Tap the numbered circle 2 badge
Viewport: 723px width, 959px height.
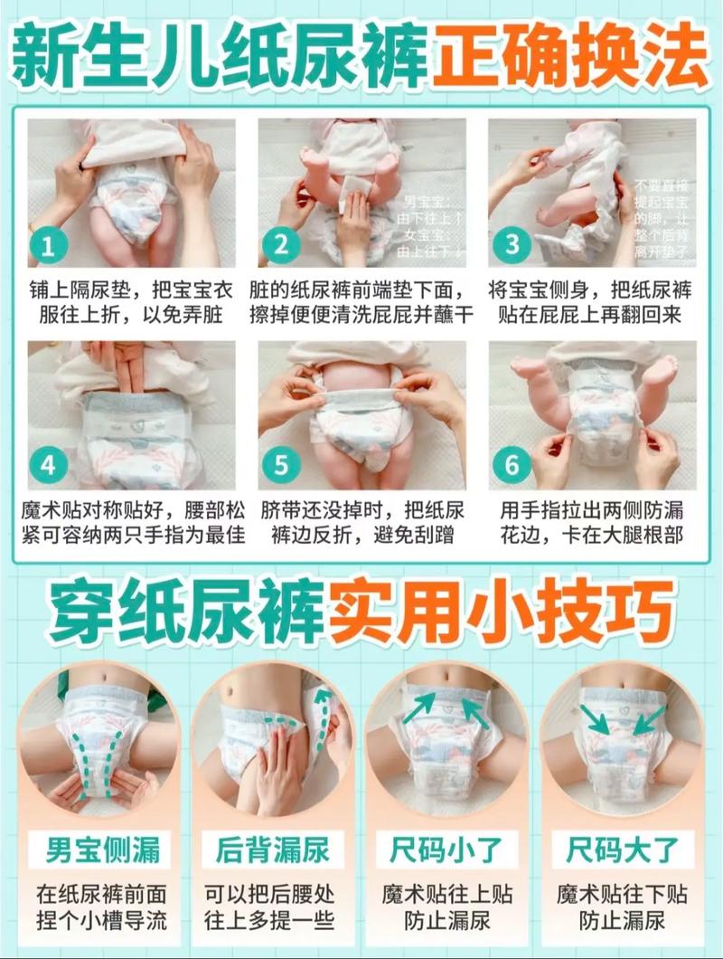[281, 244]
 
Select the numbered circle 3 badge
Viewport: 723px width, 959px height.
[512, 244]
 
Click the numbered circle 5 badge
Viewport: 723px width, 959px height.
[281, 466]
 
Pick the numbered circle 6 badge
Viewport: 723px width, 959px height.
[512, 466]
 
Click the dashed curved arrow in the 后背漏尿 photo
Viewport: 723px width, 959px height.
[316, 715]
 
